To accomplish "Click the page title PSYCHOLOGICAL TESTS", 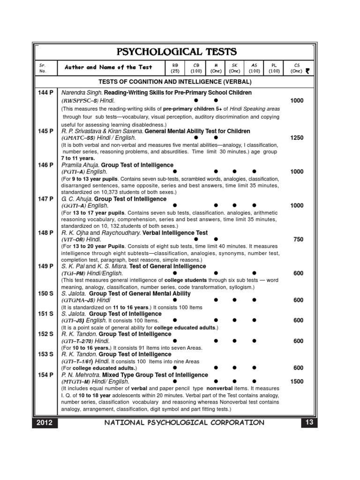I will click(180, 51).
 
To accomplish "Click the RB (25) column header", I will click(175, 68).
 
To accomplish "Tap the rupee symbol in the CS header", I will click(307, 72).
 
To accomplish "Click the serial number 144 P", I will click(45, 93).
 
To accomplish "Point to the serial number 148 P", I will click(45, 232).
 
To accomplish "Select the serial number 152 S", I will click(45, 334).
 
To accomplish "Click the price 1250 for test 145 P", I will click(297, 138).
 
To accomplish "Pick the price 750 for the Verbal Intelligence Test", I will click(299, 240).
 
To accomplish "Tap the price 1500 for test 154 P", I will click(297, 382).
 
